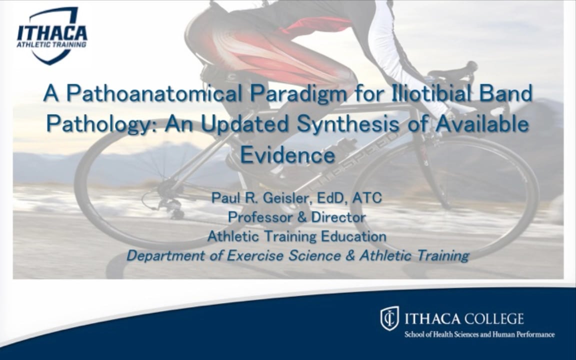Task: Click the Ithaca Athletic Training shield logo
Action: (x=51, y=35)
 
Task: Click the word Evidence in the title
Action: (x=287, y=155)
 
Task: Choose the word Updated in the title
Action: (x=250, y=124)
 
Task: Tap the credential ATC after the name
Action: (x=366, y=198)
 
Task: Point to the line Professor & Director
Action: (x=296, y=217)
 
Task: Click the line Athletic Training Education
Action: (x=296, y=236)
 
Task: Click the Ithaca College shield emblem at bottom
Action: (x=389, y=318)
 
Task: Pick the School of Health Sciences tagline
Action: (x=479, y=334)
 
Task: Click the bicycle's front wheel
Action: (x=445, y=195)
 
